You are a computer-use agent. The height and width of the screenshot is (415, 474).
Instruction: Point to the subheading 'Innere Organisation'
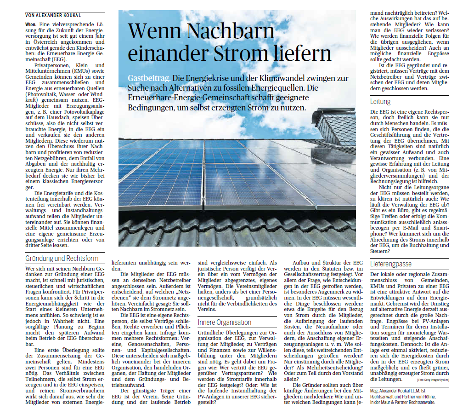225,322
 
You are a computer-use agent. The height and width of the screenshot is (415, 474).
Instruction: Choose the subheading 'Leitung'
381,101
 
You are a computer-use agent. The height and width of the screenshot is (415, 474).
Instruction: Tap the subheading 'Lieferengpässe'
391,264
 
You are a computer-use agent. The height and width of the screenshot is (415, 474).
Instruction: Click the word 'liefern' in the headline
306,53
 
